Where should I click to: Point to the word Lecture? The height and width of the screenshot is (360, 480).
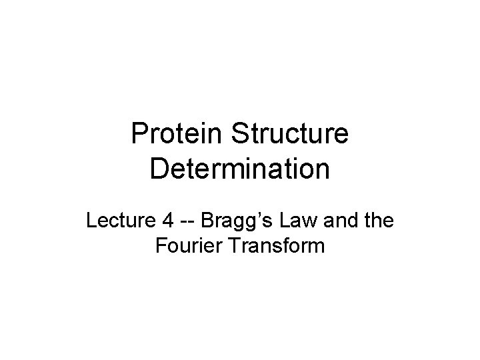[118, 220]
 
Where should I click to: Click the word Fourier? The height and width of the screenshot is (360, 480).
[184, 247]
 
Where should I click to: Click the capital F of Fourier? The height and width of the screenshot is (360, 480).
[160, 247]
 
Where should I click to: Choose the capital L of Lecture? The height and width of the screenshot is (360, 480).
[91, 220]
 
